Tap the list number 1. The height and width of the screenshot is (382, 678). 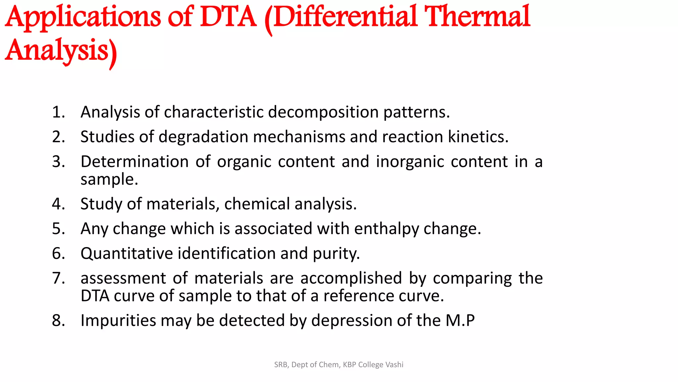pos(58,112)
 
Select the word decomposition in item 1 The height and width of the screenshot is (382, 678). pos(323,112)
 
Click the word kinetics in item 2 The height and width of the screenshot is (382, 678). pos(478,137)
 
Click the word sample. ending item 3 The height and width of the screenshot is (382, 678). pos(109,179)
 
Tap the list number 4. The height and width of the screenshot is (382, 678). pos(58,204)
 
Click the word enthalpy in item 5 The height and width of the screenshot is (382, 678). pos(387,229)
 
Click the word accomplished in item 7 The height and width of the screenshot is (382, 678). pos(351,278)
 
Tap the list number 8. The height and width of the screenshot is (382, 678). pos(58,320)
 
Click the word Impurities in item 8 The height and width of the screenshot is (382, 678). pos(118,320)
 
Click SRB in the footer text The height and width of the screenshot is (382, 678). pos(281,365)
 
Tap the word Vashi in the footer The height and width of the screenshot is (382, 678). pos(394,365)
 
